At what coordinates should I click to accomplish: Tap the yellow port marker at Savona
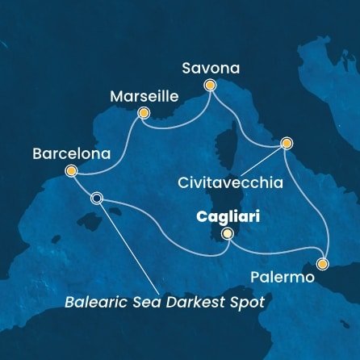click(x=211, y=85)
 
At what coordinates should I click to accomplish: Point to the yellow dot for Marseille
click(x=143, y=113)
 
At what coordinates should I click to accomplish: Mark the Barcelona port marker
click(x=72, y=170)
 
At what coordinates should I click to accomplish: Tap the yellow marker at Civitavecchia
click(x=286, y=144)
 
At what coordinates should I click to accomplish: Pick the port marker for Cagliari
click(x=228, y=234)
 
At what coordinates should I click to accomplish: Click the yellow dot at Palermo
click(x=323, y=263)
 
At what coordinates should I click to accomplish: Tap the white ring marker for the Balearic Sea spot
click(x=98, y=198)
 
